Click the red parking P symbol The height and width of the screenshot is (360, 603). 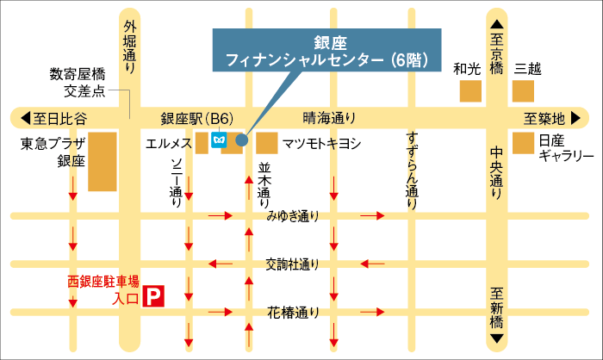point(152,298)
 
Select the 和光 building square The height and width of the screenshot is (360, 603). point(470,91)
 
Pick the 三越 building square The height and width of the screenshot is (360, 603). point(525,91)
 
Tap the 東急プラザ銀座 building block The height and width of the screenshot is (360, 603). point(103,161)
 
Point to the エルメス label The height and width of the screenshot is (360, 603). point(168,141)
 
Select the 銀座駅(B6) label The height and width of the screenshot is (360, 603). point(197,118)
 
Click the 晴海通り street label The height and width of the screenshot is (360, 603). point(328,118)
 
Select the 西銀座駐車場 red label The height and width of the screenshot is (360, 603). point(103,281)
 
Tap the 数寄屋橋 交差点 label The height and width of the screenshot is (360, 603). point(77,82)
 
